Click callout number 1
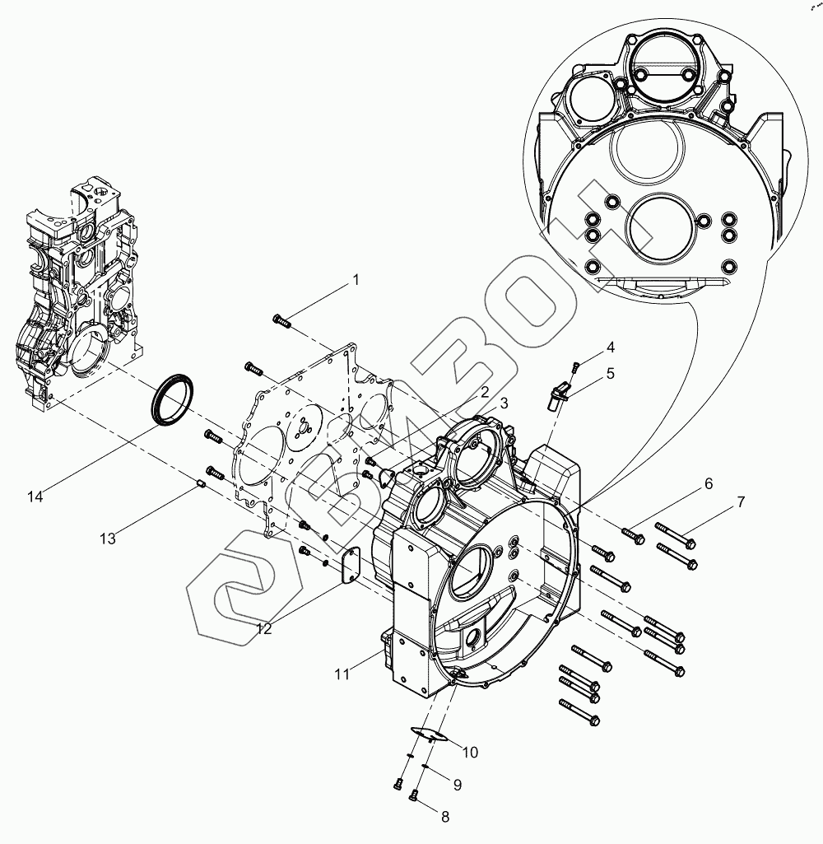[356, 280]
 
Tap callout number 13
[108, 539]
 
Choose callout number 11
[342, 674]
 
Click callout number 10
[470, 752]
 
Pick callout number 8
[445, 817]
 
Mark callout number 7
[741, 501]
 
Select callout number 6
[708, 484]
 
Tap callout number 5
[610, 373]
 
